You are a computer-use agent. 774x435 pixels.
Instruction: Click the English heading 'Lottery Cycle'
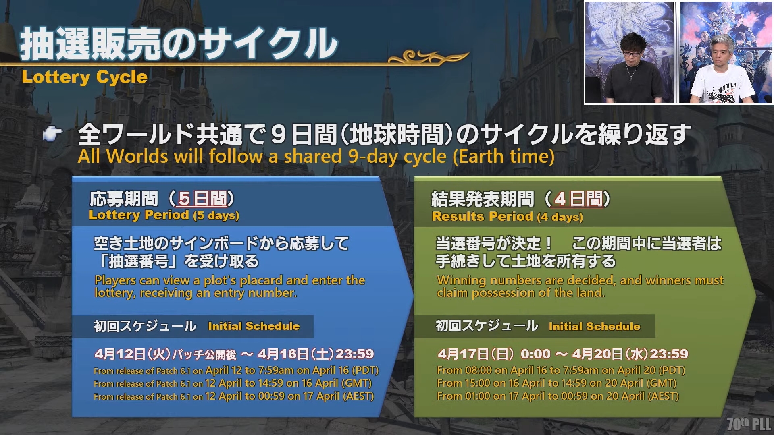click(85, 77)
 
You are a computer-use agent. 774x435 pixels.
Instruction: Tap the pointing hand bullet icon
click(53, 134)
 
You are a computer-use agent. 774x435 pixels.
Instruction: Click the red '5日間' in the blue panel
click(203, 199)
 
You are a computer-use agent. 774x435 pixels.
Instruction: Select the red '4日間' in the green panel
click(579, 199)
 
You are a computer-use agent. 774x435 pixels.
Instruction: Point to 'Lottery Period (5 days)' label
click(164, 215)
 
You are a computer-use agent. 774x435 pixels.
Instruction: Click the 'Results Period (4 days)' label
click(508, 217)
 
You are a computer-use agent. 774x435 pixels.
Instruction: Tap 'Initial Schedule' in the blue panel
click(254, 326)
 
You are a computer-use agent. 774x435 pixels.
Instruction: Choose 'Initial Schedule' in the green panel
click(595, 327)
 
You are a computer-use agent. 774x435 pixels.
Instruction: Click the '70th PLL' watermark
click(749, 424)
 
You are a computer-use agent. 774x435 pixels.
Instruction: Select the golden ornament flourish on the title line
click(429, 57)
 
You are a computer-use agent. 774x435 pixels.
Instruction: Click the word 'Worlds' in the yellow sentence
click(137, 156)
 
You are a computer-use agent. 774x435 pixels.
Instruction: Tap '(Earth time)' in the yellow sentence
click(504, 157)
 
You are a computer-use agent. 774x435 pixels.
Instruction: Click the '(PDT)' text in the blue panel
click(366, 371)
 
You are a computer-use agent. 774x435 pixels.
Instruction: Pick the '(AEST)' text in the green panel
click(664, 396)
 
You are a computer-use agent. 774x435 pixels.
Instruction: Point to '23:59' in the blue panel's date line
click(355, 354)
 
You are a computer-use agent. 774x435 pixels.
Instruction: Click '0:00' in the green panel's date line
click(536, 354)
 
